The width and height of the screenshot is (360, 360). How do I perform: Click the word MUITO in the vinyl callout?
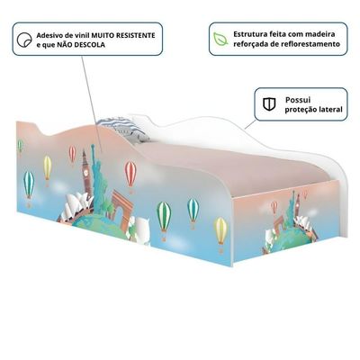tap(103, 35)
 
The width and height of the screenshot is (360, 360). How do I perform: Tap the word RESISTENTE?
tap(136, 35)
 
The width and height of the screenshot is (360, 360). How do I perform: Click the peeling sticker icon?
tap(24, 40)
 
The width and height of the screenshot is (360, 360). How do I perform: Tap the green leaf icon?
tap(220, 39)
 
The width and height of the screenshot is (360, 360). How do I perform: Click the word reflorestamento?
tap(314, 44)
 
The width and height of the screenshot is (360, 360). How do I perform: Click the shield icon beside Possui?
tap(269, 104)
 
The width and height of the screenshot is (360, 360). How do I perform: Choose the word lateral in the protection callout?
tap(330, 110)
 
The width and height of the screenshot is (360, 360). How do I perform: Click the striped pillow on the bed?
tap(123, 129)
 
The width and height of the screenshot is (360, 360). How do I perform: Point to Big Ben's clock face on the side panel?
tap(86, 173)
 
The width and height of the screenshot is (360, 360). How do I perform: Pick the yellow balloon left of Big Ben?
tap(48, 169)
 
